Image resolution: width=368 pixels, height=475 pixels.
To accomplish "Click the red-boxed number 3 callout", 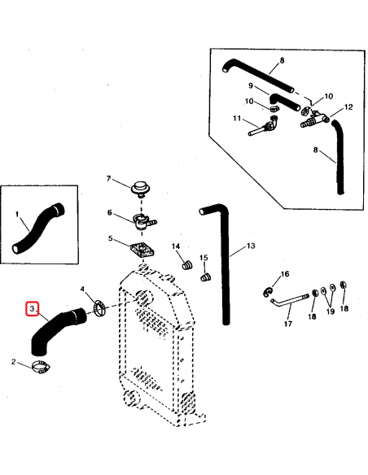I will tap(33, 310).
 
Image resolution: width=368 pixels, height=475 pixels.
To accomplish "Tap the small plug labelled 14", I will tap(184, 264).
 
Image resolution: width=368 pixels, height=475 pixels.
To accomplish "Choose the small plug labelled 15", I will tap(205, 277).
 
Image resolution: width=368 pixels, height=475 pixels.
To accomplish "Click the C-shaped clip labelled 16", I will tap(268, 291).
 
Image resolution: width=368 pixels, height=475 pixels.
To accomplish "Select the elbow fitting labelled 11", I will tap(265, 128).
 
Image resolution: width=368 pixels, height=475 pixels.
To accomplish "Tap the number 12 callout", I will tap(348, 107).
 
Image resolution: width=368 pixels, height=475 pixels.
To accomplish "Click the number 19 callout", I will tap(330, 311).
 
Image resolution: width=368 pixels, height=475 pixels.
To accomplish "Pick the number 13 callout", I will tap(251, 245).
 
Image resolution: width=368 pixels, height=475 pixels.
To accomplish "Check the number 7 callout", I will tap(129, 178).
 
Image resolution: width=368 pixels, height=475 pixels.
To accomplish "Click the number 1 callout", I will tap(15, 214).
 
